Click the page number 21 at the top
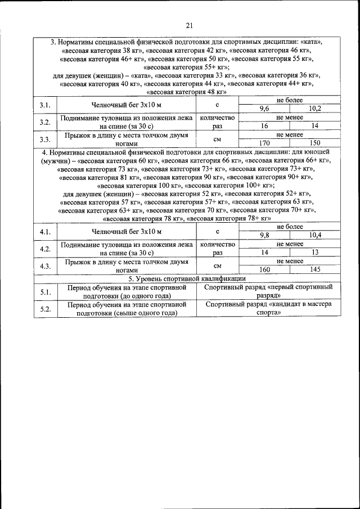click(x=189, y=25)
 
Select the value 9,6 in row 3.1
click(x=264, y=108)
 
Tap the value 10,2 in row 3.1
click(x=314, y=108)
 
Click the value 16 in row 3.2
click(x=264, y=126)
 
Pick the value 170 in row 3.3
click(x=264, y=143)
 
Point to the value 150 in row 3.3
click(x=314, y=143)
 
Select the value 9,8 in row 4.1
click(x=264, y=235)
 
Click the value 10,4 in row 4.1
click(x=315, y=235)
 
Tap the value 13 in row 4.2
click(x=315, y=253)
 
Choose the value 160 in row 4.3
click(x=264, y=269)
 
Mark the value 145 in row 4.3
click(x=315, y=269)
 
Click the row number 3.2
click(x=46, y=122)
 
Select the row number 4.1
click(x=46, y=231)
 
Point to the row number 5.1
click(x=46, y=291)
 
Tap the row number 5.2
click(x=46, y=309)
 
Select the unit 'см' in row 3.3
click(x=217, y=139)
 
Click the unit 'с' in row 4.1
click(x=217, y=231)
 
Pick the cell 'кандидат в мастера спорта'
click(x=268, y=308)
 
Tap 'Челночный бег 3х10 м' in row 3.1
click(x=127, y=105)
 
